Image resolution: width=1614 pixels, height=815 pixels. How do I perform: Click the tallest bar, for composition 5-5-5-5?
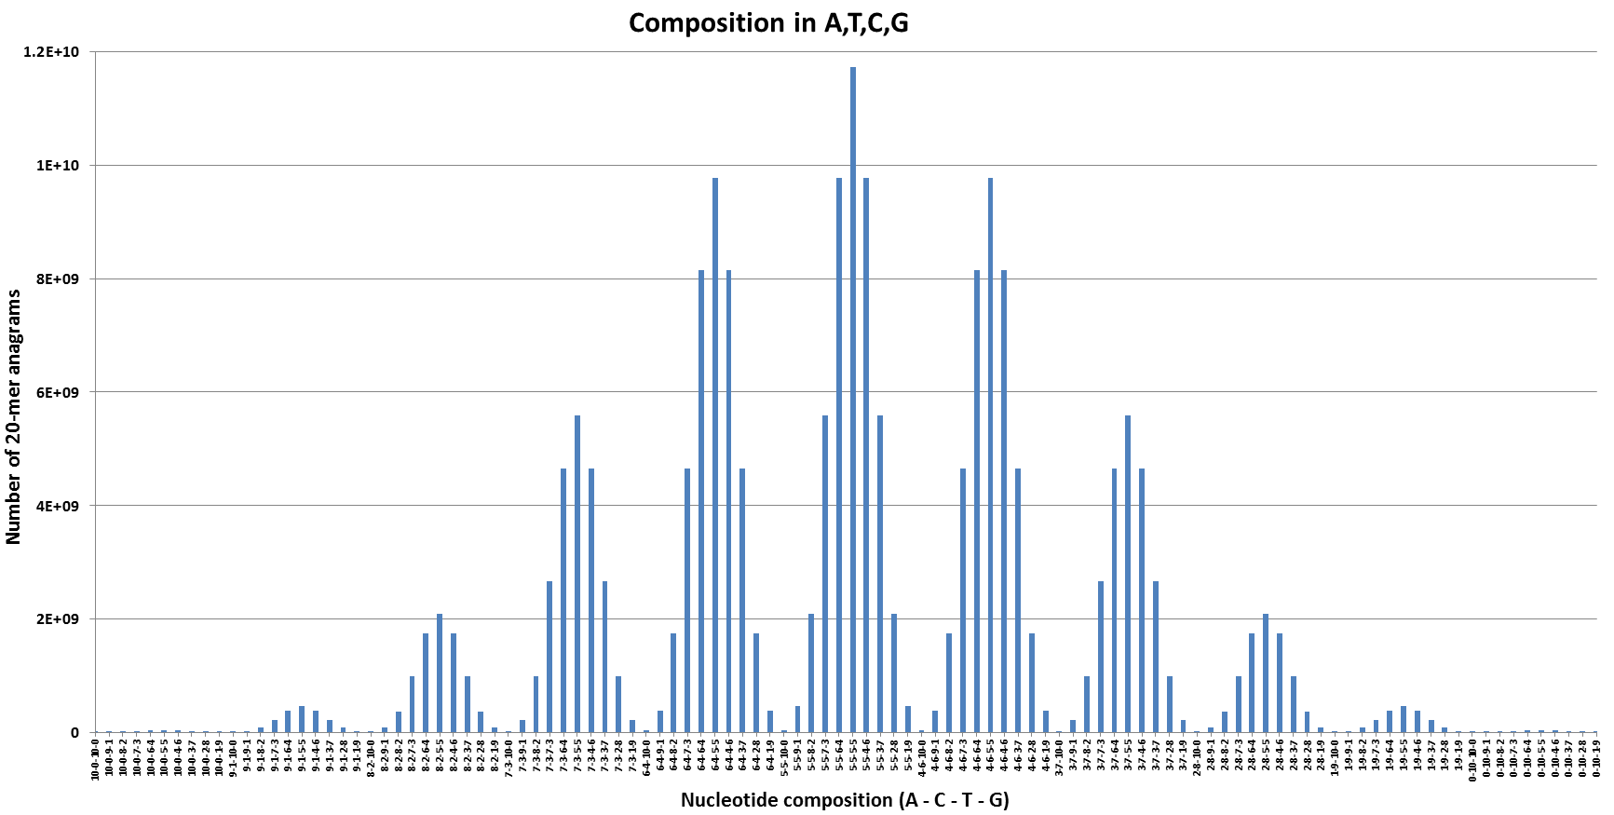click(x=852, y=400)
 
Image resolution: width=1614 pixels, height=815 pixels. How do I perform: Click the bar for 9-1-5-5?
click(x=302, y=719)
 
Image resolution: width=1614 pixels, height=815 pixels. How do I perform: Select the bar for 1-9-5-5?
click(x=1404, y=719)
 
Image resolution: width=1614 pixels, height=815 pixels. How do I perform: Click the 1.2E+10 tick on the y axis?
click(x=51, y=52)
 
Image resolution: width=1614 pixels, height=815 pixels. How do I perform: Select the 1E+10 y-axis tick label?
click(x=58, y=166)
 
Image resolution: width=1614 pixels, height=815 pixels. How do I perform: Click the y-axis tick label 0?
click(x=75, y=733)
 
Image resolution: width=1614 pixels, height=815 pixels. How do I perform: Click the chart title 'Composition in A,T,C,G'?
click(x=768, y=23)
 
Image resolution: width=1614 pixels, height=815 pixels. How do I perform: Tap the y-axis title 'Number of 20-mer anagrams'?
click(x=14, y=416)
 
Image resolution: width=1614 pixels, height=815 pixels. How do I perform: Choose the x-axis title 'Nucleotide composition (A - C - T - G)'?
click(x=845, y=800)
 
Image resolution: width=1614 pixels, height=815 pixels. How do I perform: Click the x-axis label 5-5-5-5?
click(x=853, y=757)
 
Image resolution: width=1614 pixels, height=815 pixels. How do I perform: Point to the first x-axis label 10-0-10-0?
click(x=95, y=759)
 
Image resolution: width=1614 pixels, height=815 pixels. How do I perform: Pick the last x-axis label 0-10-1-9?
click(x=1596, y=759)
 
